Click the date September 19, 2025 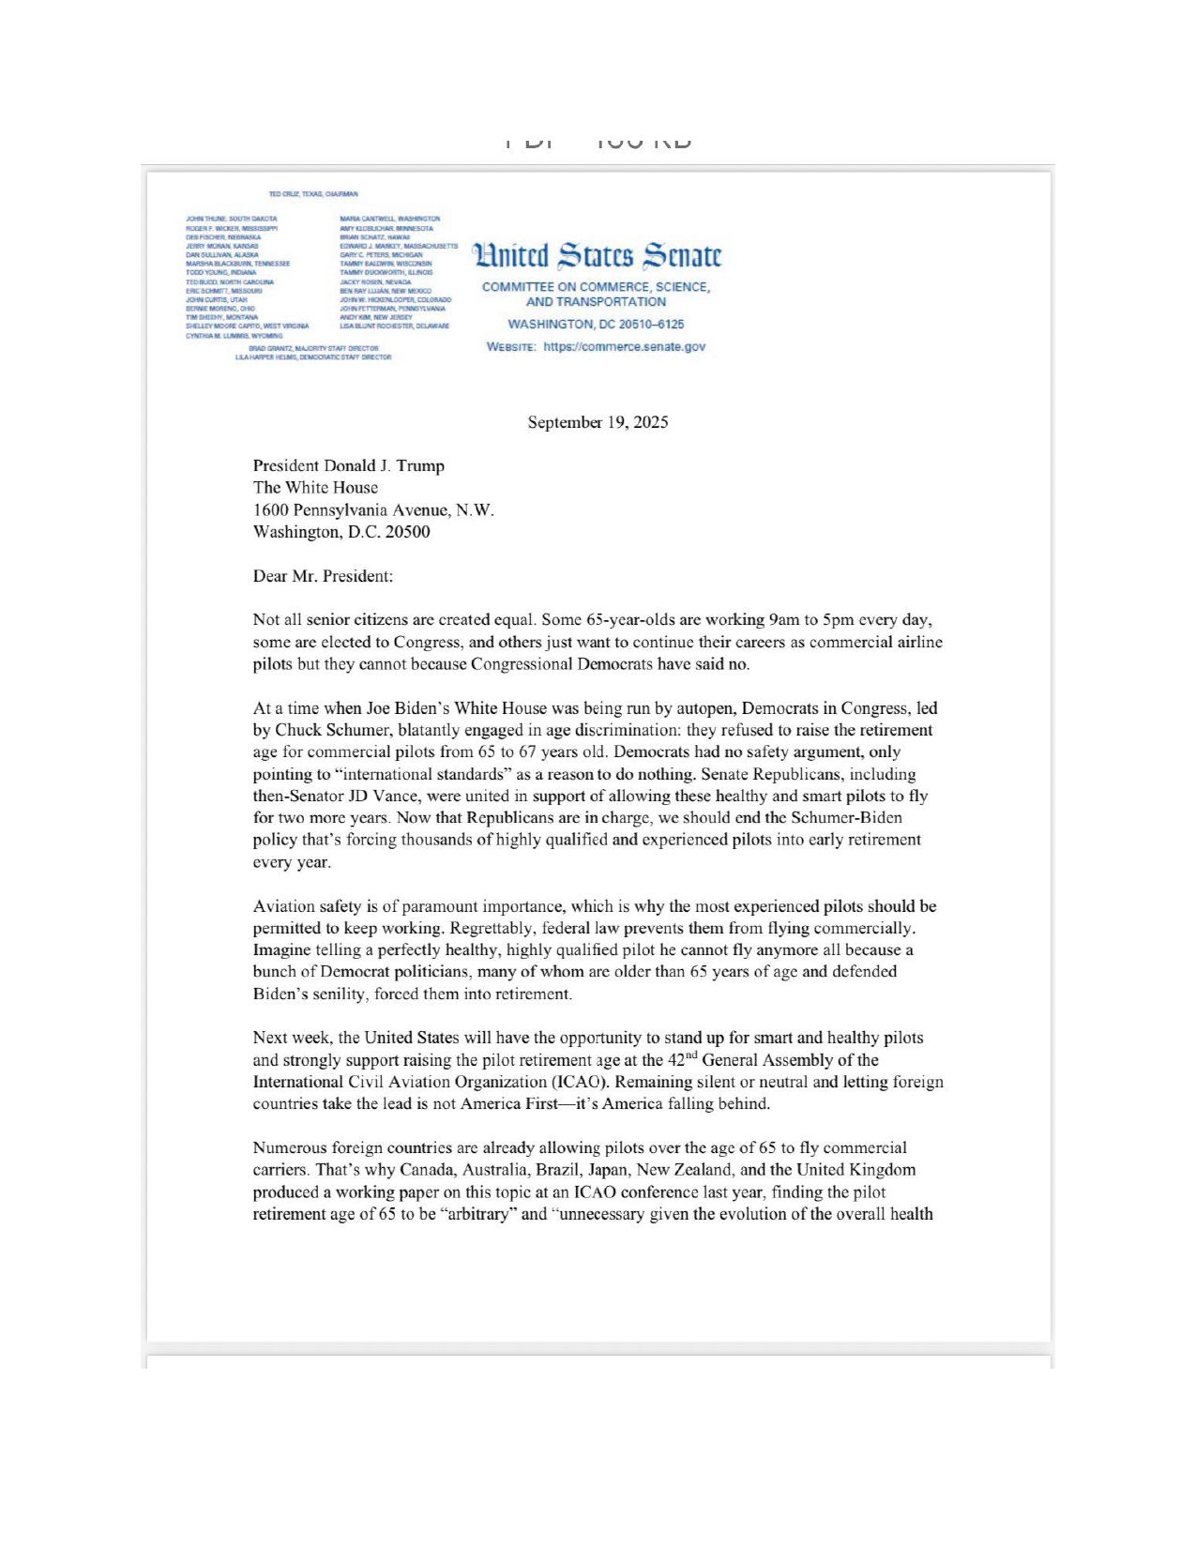pos(598,422)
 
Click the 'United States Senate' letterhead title pos(598,255)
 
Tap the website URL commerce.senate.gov pos(624,346)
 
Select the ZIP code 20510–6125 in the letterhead pos(651,324)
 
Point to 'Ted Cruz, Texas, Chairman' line pos(313,194)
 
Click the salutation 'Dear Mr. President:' pos(323,576)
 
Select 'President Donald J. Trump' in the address pos(348,465)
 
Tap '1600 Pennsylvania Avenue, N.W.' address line pos(372,509)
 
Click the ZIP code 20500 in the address pos(408,532)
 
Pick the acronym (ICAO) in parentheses pos(579,1082)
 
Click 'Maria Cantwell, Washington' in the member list pos(389,219)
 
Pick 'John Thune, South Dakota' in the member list pos(232,219)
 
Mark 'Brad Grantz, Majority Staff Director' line pos(313,348)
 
